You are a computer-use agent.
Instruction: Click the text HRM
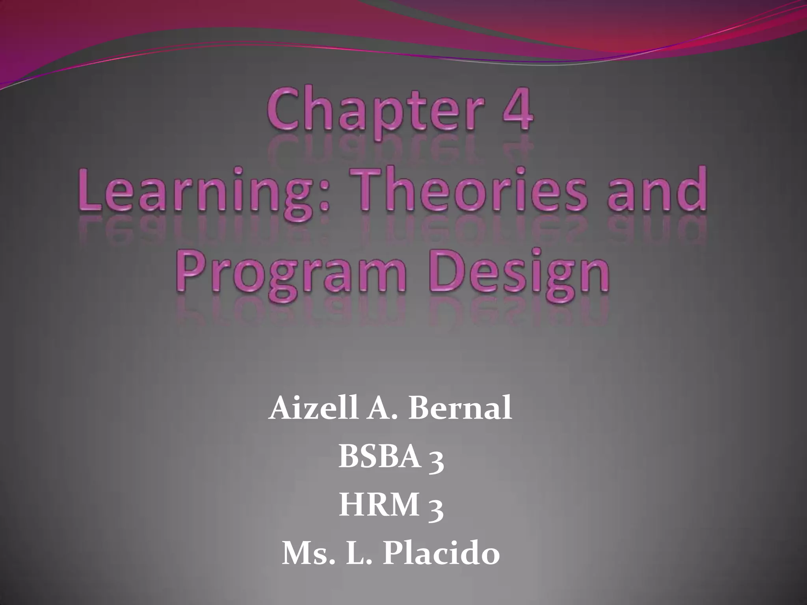pos(378,506)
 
